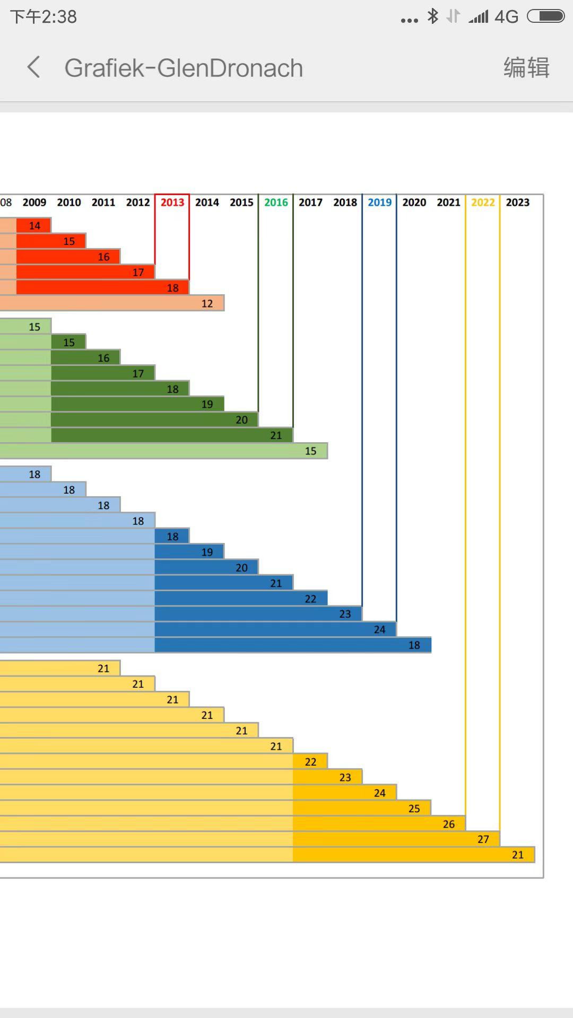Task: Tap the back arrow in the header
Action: click(33, 67)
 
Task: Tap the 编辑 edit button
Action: click(526, 67)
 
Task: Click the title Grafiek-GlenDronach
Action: click(184, 68)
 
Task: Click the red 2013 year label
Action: click(172, 202)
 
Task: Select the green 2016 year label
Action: click(276, 202)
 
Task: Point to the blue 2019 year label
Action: click(379, 202)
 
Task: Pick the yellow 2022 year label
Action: click(483, 202)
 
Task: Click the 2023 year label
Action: click(517, 202)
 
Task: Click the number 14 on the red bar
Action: click(34, 225)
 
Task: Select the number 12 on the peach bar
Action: click(207, 303)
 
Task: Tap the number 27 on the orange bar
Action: click(483, 839)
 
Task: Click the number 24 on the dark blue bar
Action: click(379, 629)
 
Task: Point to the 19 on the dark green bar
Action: click(207, 404)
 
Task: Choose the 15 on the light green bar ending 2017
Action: click(310, 451)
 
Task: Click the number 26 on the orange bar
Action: click(448, 824)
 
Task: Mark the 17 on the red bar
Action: click(138, 272)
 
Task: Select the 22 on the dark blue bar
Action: click(310, 599)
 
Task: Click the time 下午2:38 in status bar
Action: click(44, 17)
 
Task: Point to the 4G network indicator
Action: click(506, 17)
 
